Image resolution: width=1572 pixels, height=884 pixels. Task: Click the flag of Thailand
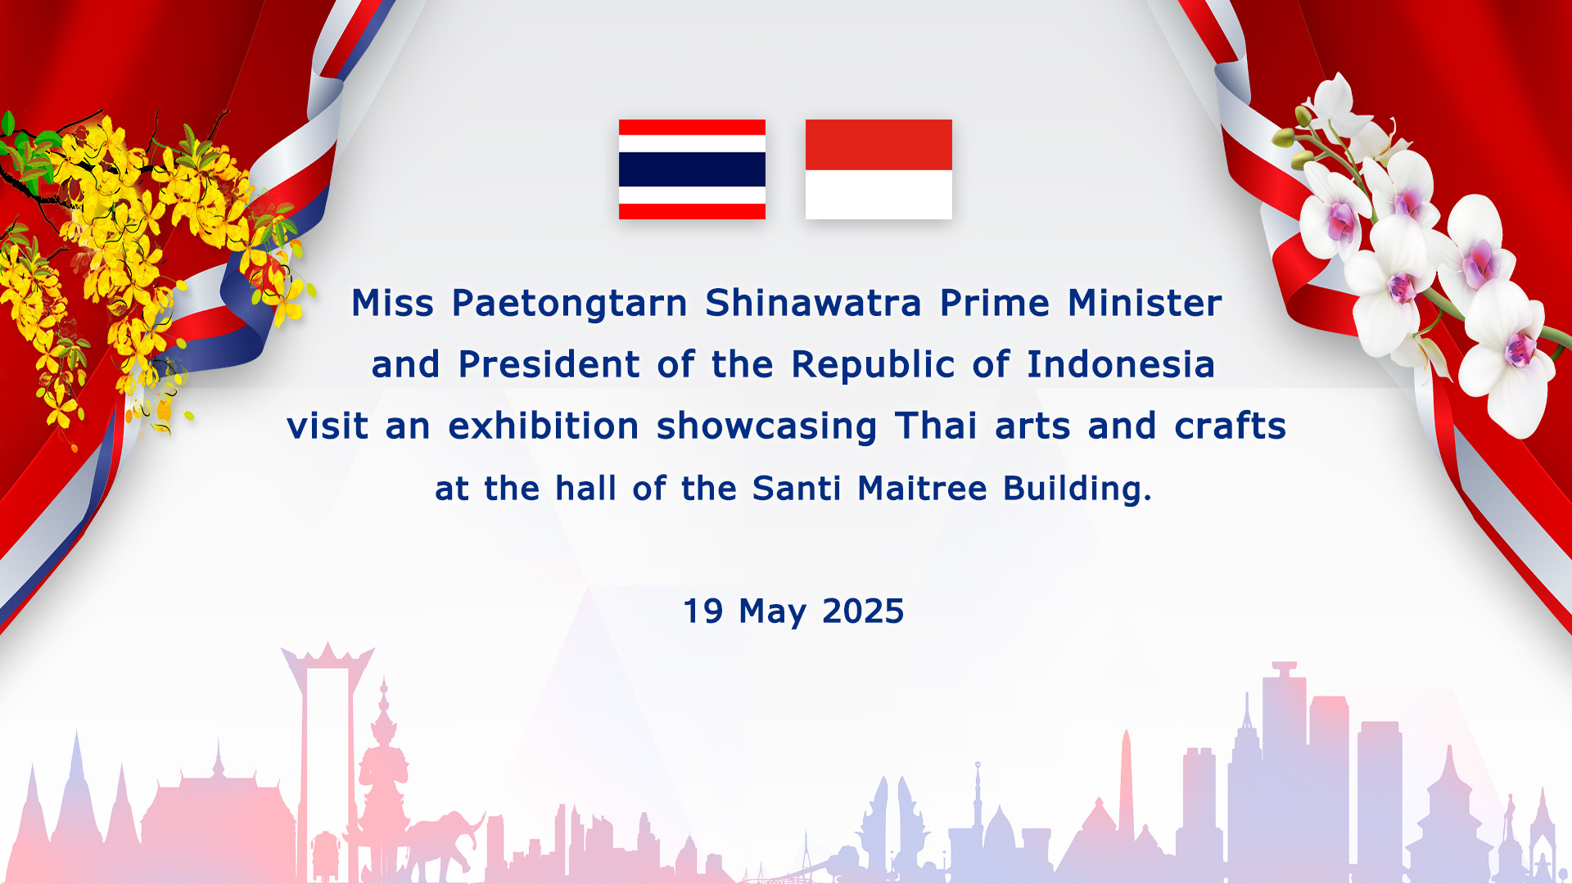coord(692,169)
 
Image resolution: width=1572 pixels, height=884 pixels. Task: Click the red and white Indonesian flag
coord(879,169)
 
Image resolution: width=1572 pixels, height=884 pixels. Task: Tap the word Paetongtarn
coord(570,304)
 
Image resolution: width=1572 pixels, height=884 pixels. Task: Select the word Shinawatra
coord(813,303)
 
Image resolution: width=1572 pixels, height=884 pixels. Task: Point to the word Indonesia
coord(1121,364)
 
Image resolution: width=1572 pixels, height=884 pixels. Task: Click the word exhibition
coord(544,426)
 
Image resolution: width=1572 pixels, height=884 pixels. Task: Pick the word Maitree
coord(922,489)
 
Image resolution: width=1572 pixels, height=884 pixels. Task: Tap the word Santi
coord(796,489)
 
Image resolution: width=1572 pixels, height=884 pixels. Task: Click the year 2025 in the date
coord(863,611)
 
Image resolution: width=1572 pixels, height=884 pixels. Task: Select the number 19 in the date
coord(703,611)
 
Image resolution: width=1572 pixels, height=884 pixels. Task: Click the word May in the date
coord(772,613)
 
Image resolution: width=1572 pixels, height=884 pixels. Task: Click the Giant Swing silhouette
coord(327,761)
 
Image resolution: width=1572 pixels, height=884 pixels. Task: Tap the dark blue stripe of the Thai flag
coord(692,169)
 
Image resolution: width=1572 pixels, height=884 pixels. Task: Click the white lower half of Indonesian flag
coord(879,195)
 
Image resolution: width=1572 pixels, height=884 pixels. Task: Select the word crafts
coord(1230,426)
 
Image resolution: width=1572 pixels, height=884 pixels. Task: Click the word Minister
coord(1145,303)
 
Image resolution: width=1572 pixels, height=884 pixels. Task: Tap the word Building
coord(1077,489)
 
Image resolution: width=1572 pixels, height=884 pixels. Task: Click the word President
coord(549,364)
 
